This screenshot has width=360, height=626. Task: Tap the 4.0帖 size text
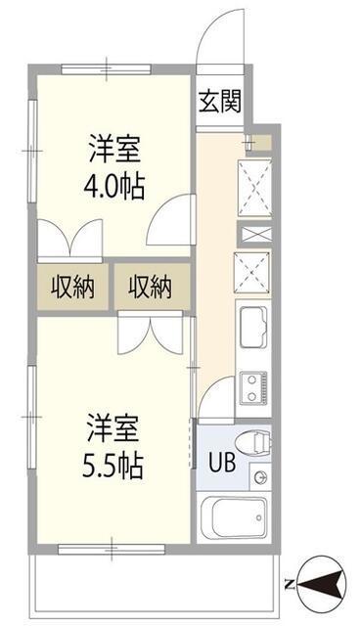(113, 187)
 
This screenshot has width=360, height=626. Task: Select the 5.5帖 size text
(112, 466)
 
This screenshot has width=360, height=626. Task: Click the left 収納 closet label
(72, 286)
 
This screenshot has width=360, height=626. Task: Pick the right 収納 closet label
(151, 286)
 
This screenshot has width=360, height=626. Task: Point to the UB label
(222, 463)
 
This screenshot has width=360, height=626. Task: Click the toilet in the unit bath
(253, 442)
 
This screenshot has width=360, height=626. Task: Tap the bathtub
(234, 517)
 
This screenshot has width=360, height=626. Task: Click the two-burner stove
(253, 386)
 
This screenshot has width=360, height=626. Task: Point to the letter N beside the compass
(291, 586)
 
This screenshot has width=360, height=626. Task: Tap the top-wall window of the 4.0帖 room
(107, 69)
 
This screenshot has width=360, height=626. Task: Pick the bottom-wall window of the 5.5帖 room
(112, 549)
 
